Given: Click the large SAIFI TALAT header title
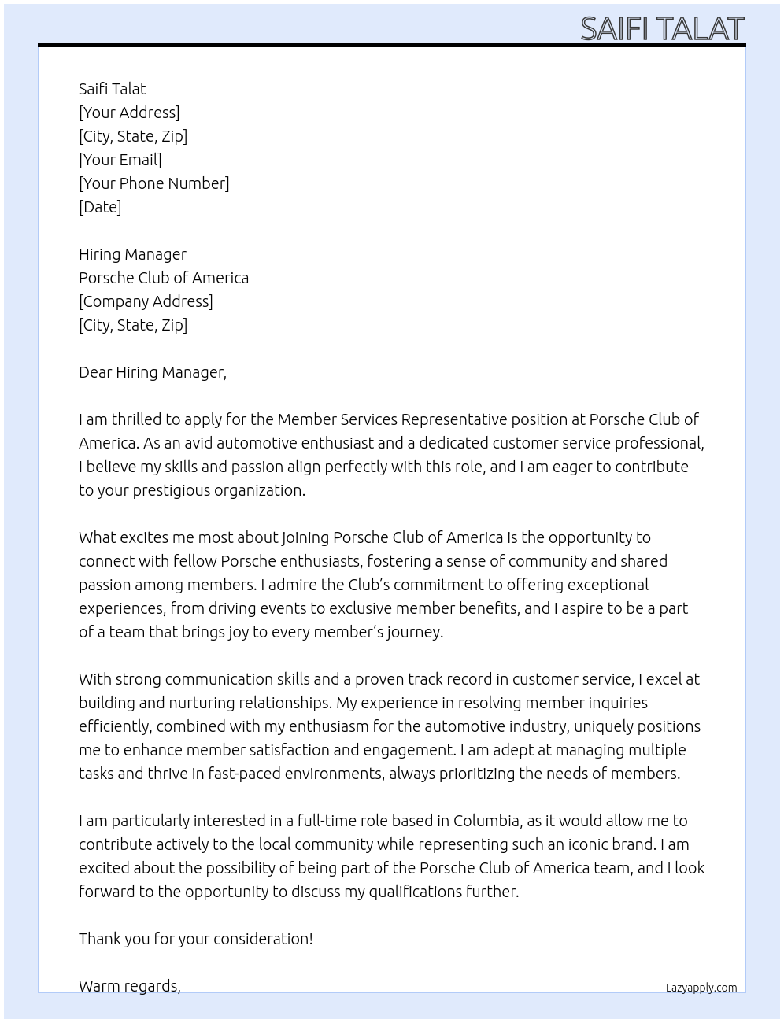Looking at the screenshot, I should pyautogui.click(x=661, y=28).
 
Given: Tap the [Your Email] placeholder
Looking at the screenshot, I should pyautogui.click(x=120, y=160).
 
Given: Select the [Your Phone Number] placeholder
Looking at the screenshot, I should pyautogui.click(x=154, y=183).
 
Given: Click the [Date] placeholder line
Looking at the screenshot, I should pyautogui.click(x=100, y=207).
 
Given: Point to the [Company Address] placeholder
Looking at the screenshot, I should pyautogui.click(x=146, y=301).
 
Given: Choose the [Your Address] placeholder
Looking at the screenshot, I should pyautogui.click(x=129, y=113).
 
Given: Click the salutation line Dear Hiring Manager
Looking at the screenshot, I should pyautogui.click(x=153, y=372).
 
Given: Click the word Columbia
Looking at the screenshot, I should pyautogui.click(x=486, y=821).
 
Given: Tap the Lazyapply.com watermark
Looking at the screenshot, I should pyautogui.click(x=701, y=988).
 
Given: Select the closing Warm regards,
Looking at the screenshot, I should pyautogui.click(x=130, y=986).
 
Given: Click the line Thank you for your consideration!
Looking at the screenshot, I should pyautogui.click(x=196, y=939).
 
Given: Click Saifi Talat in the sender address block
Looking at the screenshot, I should pyautogui.click(x=113, y=89).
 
